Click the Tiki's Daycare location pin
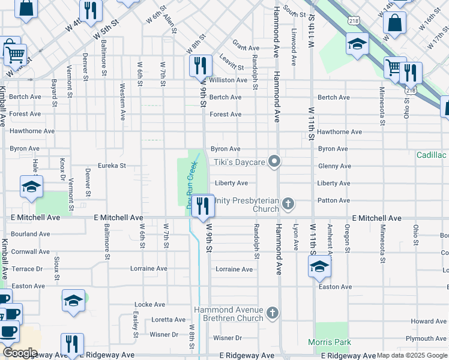click(274, 161)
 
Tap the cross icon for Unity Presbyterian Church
click(288, 204)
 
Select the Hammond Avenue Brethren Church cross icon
click(273, 313)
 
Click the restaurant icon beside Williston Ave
click(200, 65)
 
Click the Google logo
click(19, 353)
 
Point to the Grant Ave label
click(246, 48)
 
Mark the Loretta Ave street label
click(169, 320)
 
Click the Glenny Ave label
click(334, 166)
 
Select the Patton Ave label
click(333, 200)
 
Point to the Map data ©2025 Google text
click(412, 355)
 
